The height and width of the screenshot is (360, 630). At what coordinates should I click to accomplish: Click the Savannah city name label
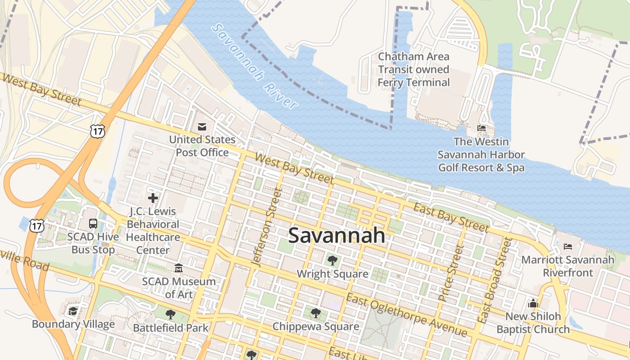[x=337, y=235]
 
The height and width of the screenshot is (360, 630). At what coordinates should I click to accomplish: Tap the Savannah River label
[x=255, y=66]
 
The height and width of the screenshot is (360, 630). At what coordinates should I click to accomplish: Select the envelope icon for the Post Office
[x=202, y=127]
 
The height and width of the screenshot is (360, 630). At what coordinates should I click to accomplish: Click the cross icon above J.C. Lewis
[x=153, y=198]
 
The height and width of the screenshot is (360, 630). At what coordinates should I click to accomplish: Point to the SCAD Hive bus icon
[x=93, y=224]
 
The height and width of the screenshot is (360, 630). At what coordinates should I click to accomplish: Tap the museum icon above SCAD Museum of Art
[x=179, y=269]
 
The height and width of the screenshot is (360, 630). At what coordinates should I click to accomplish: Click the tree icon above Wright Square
[x=332, y=261]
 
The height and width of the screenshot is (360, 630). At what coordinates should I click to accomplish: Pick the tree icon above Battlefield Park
[x=171, y=315]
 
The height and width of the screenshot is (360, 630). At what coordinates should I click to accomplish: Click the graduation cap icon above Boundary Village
[x=73, y=311]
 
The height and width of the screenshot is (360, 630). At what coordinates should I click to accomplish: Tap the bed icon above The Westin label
[x=481, y=129]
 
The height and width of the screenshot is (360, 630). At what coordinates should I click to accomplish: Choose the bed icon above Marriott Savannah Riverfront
[x=568, y=247]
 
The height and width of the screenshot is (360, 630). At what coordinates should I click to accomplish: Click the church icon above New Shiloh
[x=533, y=303]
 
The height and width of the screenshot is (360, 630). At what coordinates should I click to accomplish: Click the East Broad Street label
[x=495, y=281]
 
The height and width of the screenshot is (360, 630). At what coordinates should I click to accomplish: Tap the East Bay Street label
[x=451, y=217]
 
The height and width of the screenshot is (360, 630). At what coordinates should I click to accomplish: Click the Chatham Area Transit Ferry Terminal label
[x=414, y=69]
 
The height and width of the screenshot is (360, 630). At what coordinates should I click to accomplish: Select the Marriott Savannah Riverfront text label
[x=568, y=266]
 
